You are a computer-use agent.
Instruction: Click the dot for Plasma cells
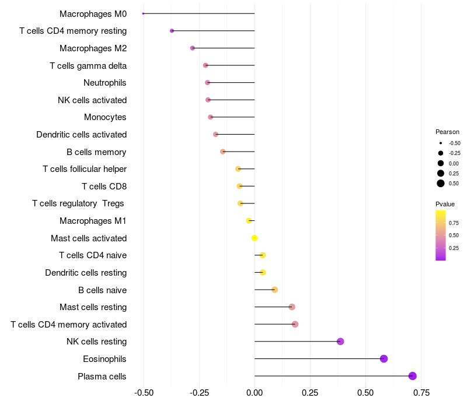413,376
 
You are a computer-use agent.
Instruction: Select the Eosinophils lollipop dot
384,358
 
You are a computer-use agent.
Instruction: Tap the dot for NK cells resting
340,342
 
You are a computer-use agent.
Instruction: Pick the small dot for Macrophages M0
143,13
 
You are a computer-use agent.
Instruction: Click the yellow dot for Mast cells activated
255,238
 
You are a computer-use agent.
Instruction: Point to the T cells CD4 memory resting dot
172,31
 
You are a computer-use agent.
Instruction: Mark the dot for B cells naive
275,290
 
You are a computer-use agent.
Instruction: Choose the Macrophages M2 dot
193,48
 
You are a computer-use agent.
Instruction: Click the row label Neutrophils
105,83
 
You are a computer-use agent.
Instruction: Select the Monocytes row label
105,117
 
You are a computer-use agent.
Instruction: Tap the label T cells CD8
104,187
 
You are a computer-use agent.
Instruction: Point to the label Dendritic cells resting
86,273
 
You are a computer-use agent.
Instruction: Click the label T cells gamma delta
88,65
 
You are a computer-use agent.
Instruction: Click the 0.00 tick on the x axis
255,393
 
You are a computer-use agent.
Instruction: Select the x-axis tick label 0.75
421,393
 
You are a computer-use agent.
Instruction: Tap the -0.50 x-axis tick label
143,393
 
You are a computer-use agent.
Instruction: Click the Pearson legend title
447,132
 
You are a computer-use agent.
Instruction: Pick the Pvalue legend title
445,204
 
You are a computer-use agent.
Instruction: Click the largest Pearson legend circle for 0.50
441,184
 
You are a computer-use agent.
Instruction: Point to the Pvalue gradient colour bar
441,235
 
